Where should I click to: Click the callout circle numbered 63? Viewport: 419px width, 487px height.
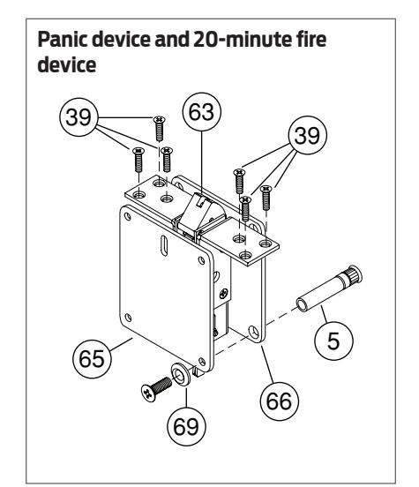[202, 111]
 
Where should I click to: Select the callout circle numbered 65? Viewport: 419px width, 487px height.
[92, 359]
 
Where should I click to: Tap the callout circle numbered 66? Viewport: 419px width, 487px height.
[280, 401]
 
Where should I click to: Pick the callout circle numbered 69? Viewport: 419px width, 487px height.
[186, 426]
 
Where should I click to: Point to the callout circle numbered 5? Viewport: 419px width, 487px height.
[333, 341]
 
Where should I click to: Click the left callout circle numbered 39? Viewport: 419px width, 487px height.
[79, 116]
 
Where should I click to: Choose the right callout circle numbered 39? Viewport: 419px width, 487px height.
[308, 135]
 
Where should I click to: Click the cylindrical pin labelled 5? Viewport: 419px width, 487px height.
[329, 288]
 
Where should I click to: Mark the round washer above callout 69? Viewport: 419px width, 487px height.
[181, 374]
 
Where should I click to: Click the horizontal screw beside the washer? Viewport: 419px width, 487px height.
[156, 389]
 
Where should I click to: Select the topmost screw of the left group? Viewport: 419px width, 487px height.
[160, 128]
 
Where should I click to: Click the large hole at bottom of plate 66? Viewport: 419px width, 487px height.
[254, 332]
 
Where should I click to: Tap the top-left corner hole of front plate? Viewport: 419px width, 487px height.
[127, 216]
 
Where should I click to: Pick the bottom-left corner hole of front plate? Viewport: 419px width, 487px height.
[128, 318]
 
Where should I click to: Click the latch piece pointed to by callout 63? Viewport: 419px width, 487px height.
[201, 212]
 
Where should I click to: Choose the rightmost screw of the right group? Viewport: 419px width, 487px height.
[266, 198]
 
